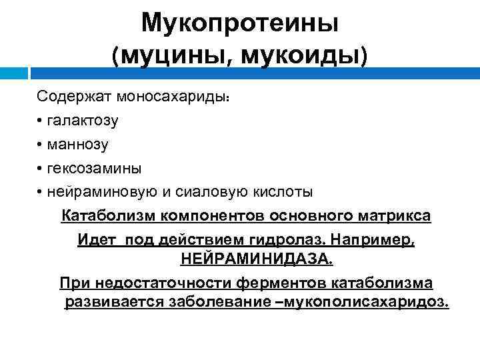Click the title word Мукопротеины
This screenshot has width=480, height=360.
coord(240,24)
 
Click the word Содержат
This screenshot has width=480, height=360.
coord(75,97)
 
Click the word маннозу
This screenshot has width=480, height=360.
coord(77,144)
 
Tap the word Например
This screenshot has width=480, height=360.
coord(374,239)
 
